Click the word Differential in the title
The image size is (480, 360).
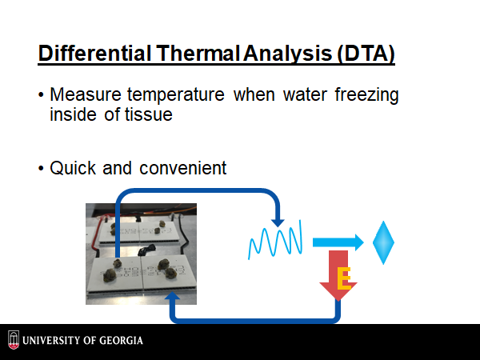tap(95, 54)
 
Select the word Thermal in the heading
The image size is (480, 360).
tap(198, 54)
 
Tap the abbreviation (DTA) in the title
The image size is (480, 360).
tap(366, 54)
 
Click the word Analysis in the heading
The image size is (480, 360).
tap(288, 54)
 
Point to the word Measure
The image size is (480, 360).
tap(86, 94)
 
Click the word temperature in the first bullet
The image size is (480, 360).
tap(176, 95)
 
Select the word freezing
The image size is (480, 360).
tap(366, 95)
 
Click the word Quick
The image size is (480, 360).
tap(73, 168)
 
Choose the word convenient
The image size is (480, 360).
tap(182, 168)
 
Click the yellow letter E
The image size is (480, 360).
tap(344, 278)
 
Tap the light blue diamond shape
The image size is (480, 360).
tap(383, 242)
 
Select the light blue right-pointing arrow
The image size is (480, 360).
tap(338, 242)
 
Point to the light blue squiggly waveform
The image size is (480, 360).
tap(275, 240)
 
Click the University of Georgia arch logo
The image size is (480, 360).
tap(14, 340)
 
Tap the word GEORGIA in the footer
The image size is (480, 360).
tap(121, 341)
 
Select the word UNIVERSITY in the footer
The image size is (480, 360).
tap(50, 341)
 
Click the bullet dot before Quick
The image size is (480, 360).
tap(41, 168)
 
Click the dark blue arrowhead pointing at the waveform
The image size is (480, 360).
tap(278, 223)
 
